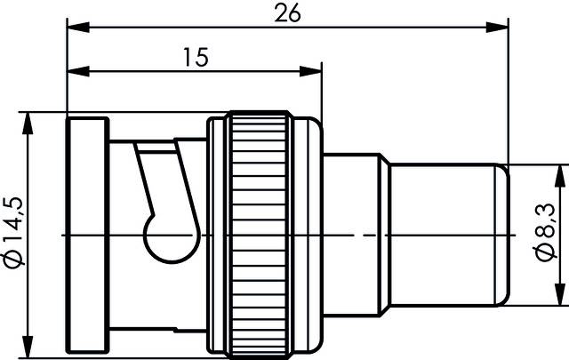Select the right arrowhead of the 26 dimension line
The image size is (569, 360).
pyautogui.click(x=497, y=27)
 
